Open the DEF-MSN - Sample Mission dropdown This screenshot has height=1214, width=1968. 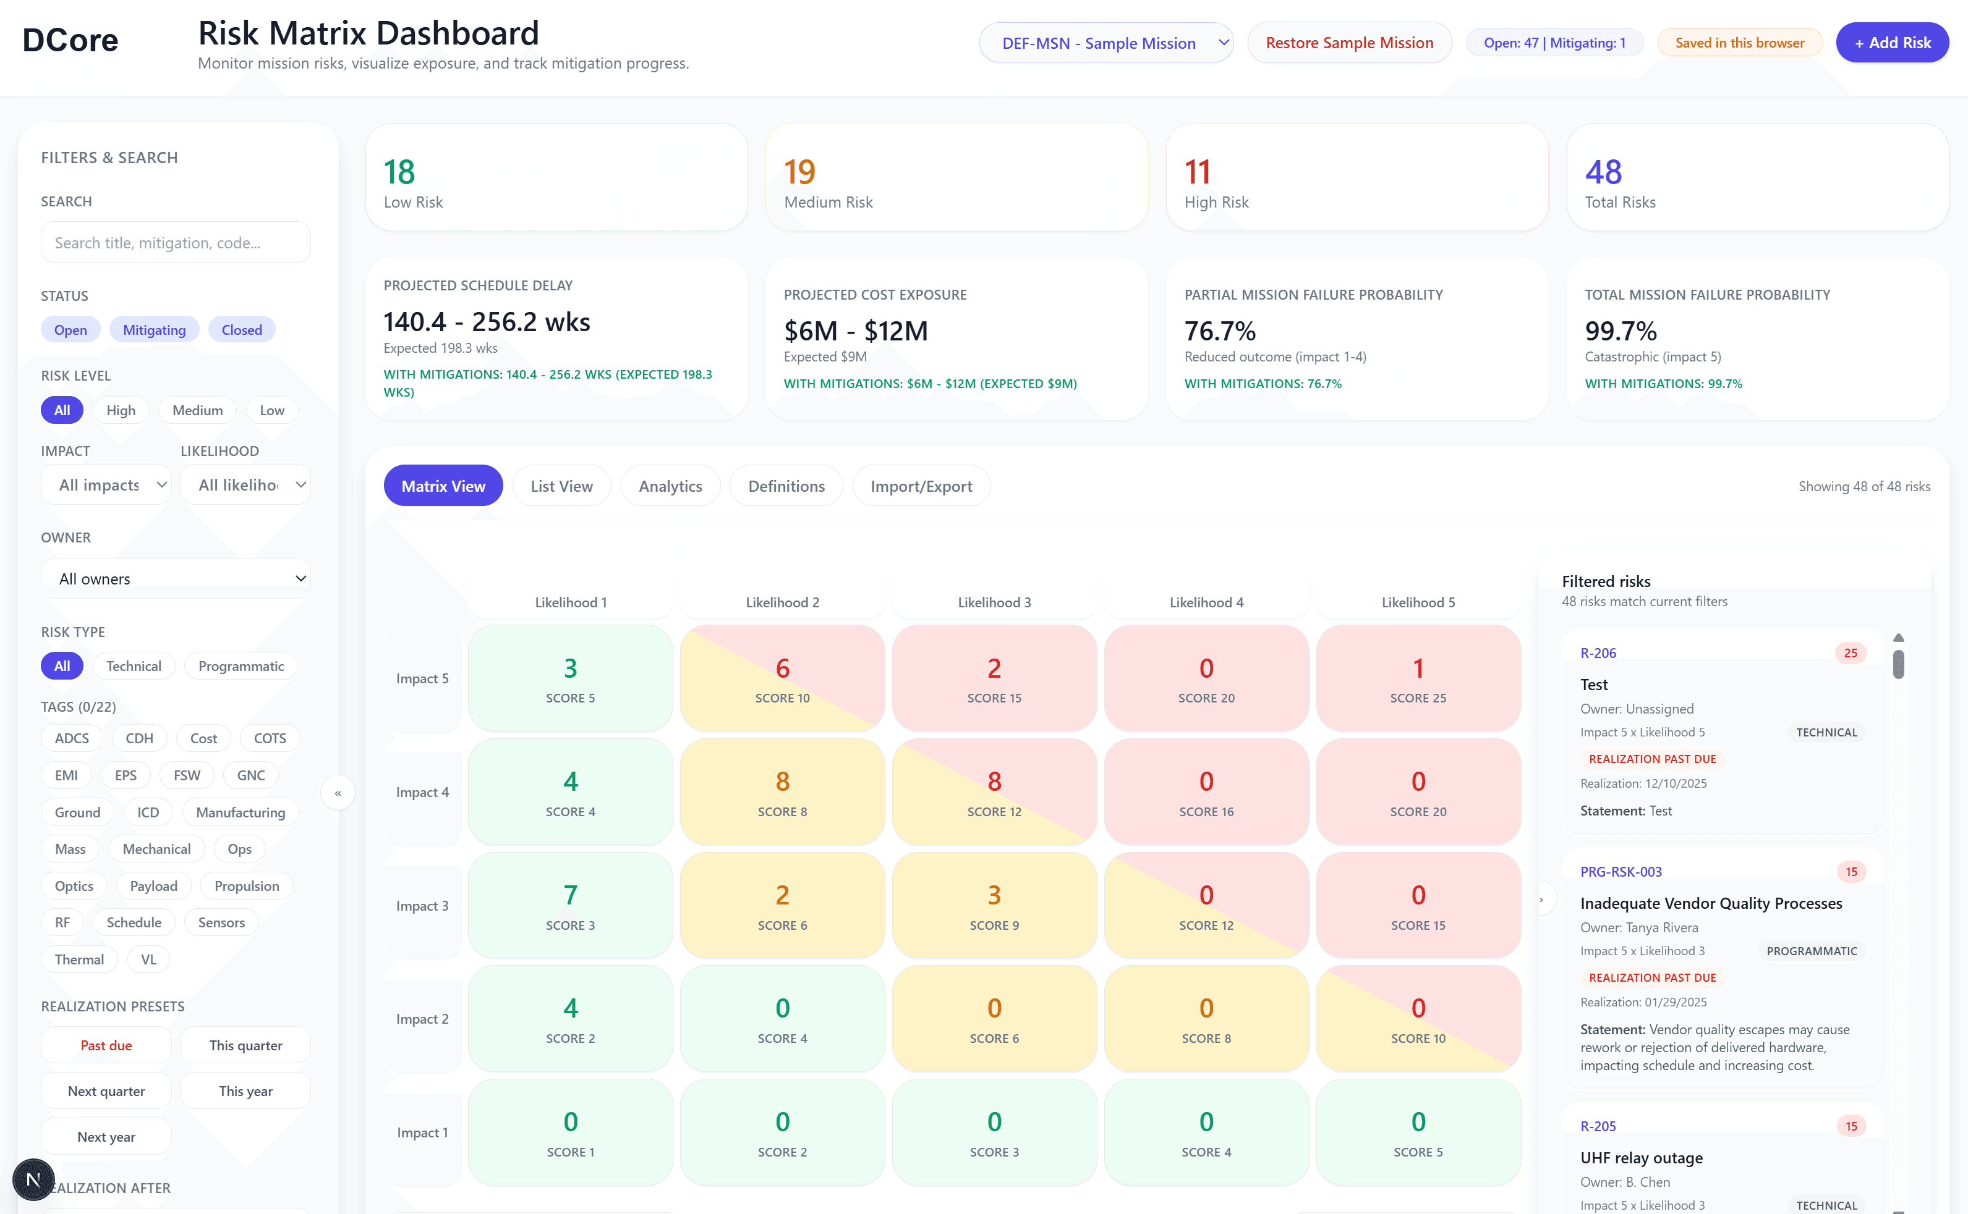click(1105, 43)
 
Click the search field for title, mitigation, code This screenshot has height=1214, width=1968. click(175, 242)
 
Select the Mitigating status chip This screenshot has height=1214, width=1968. click(154, 330)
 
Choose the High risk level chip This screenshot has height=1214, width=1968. click(121, 410)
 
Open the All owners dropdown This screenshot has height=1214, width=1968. click(175, 579)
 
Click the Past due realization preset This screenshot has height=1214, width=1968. click(106, 1045)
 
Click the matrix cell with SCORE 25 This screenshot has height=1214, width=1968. click(1418, 678)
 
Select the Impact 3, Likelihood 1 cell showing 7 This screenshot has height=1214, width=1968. click(570, 906)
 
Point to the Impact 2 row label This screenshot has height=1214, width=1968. click(422, 1019)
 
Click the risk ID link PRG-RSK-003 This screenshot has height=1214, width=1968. click(1620, 872)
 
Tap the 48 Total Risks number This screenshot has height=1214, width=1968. click(1603, 172)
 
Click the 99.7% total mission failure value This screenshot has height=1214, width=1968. click(1620, 331)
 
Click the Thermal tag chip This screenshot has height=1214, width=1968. click(79, 960)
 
